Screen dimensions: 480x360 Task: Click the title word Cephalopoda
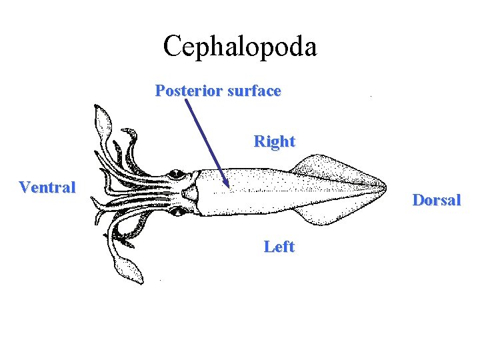click(x=240, y=47)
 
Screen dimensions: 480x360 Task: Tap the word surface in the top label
click(x=254, y=91)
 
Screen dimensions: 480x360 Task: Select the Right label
click(x=274, y=141)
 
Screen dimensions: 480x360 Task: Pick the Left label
click(x=279, y=247)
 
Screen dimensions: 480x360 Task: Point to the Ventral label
click(x=47, y=187)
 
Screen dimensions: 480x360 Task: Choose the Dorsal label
click(x=437, y=200)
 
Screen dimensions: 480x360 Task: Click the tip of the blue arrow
click(x=227, y=186)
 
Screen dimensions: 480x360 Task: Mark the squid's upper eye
click(x=177, y=175)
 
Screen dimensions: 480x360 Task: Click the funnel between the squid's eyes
click(x=191, y=194)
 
